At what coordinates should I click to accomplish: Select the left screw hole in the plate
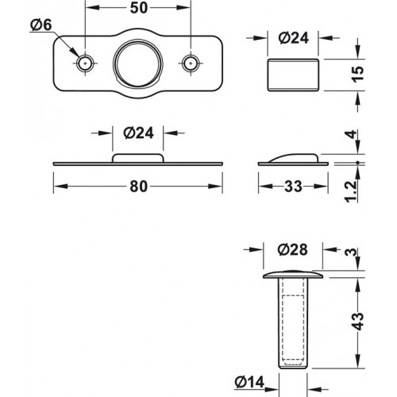pos(85,62)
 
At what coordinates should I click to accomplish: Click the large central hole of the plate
pos(137,62)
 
